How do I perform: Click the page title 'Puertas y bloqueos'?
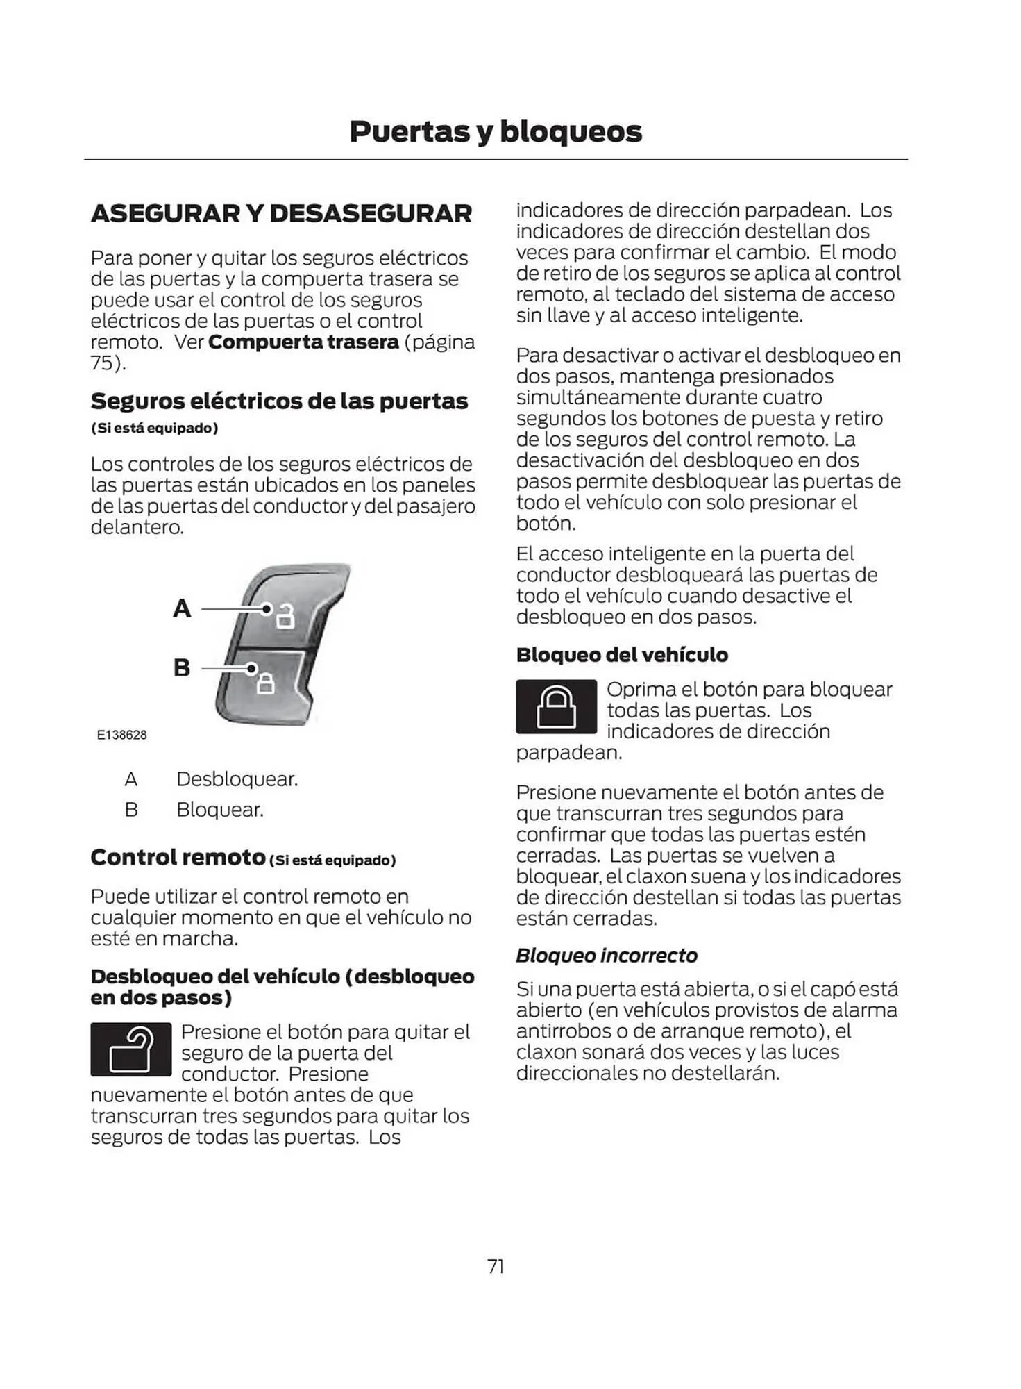pyautogui.click(x=496, y=131)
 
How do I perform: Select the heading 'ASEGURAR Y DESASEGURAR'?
pyautogui.click(x=281, y=213)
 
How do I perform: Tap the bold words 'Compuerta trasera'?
pyautogui.click(x=303, y=342)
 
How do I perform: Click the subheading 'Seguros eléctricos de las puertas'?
pyautogui.click(x=279, y=401)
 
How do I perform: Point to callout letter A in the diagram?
pyautogui.click(x=182, y=608)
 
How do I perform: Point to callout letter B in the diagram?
pyautogui.click(x=182, y=667)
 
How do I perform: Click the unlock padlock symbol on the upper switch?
pyautogui.click(x=285, y=616)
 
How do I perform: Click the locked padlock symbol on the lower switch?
pyautogui.click(x=266, y=683)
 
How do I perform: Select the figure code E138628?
pyautogui.click(x=122, y=735)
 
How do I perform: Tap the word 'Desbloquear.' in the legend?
pyautogui.click(x=237, y=779)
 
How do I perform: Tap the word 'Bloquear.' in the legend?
pyautogui.click(x=219, y=810)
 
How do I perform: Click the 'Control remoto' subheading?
pyautogui.click(x=178, y=858)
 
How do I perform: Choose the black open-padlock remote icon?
pyautogui.click(x=130, y=1049)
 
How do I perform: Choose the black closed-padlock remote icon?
pyautogui.click(x=556, y=706)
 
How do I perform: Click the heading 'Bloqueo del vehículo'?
pyautogui.click(x=622, y=655)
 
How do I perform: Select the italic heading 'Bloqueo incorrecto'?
pyautogui.click(x=607, y=956)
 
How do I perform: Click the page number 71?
pyautogui.click(x=496, y=1266)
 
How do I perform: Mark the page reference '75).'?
pyautogui.click(x=108, y=363)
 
